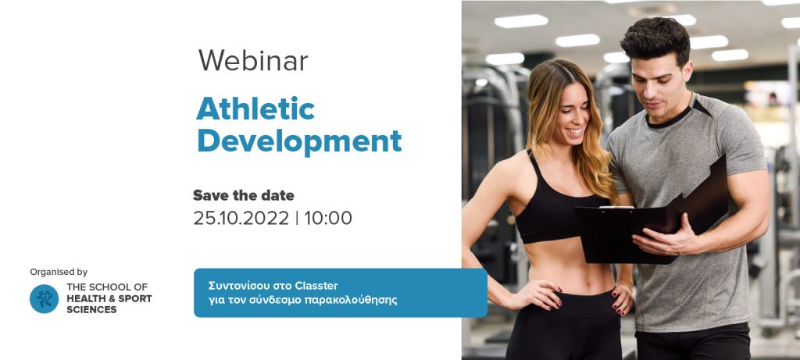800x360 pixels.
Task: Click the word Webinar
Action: (x=253, y=61)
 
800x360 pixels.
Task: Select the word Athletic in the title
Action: (x=255, y=108)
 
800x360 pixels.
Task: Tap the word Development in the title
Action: (x=299, y=141)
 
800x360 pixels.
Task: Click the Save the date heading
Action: (x=244, y=195)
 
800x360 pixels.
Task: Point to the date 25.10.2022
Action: (x=241, y=218)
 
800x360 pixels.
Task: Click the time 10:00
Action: (x=328, y=218)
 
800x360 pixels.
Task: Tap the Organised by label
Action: (x=59, y=272)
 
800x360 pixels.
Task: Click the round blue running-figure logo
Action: (x=44, y=299)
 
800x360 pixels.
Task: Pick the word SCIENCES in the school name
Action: (x=91, y=309)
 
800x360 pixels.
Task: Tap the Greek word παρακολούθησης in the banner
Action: (x=350, y=300)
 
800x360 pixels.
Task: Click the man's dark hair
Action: (x=655, y=38)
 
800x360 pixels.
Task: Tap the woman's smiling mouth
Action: (x=574, y=131)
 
